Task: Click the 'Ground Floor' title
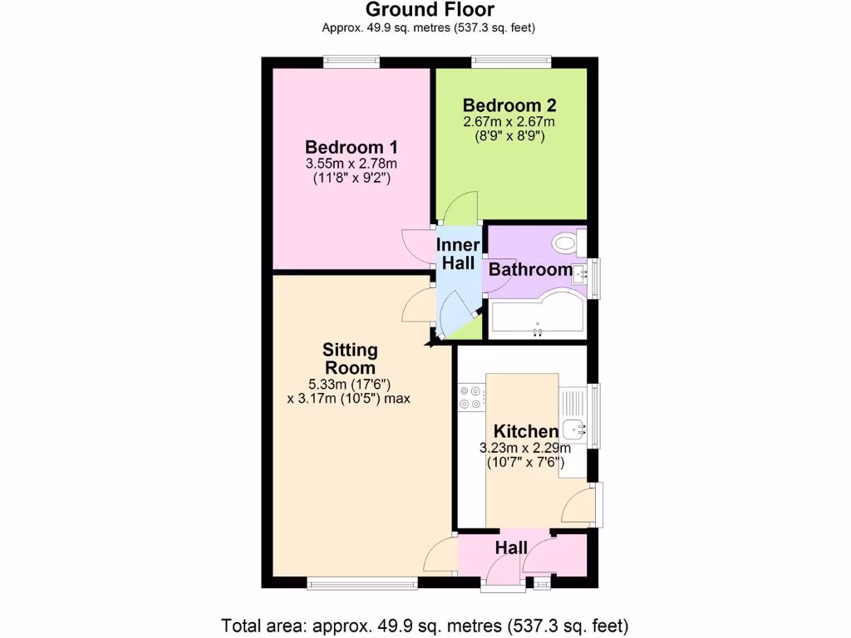430,10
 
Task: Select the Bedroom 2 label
509,106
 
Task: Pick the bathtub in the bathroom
537,316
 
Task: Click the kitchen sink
573,429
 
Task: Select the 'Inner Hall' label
458,254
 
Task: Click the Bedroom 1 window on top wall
351,61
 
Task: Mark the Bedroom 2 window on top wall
510,61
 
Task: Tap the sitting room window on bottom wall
362,584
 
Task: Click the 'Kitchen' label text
525,431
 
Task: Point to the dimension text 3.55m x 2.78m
352,163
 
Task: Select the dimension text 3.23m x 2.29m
524,448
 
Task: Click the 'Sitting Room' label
350,359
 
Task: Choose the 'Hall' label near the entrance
511,547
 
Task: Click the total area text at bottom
425,625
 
